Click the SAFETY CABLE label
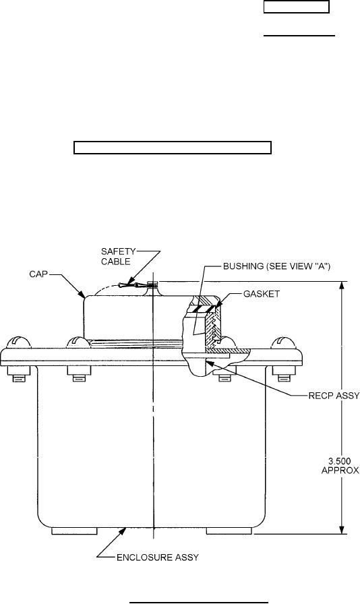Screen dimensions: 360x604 coord(118,256)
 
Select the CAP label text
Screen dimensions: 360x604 coord(38,274)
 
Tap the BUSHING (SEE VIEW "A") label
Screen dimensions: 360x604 coord(277,266)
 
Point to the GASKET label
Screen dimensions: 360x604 coord(262,294)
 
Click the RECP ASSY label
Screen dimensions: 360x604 coord(334,396)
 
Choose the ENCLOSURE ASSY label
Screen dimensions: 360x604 coord(158,557)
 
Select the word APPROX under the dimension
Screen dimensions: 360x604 coord(340,471)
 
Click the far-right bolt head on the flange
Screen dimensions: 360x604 coord(286,342)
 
